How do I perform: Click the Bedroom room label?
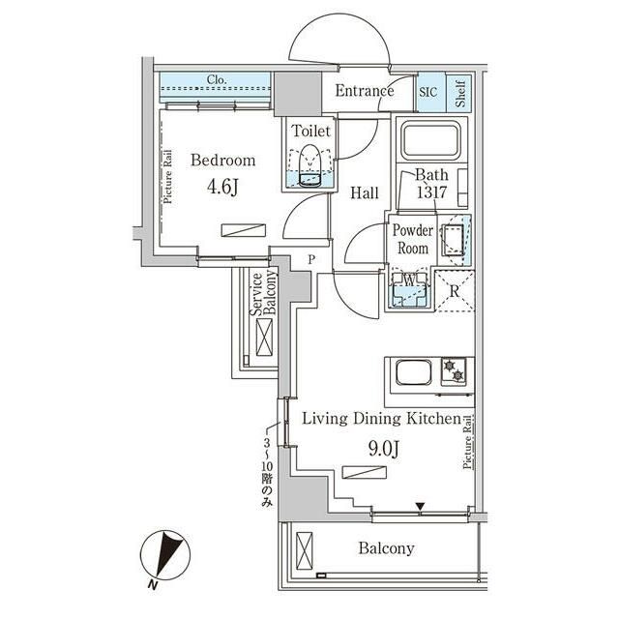tap(222, 161)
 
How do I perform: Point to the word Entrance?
tap(365, 92)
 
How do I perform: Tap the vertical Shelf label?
tap(461, 92)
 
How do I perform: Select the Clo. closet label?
tap(217, 80)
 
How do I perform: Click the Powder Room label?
tap(412, 239)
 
